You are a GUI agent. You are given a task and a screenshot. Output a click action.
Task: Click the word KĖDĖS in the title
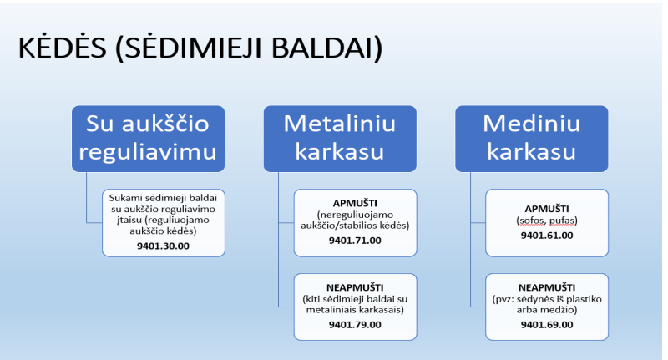point(62,47)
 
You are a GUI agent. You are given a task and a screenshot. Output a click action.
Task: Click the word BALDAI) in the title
point(327,48)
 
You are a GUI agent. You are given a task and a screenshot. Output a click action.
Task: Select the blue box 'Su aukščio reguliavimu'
point(148,139)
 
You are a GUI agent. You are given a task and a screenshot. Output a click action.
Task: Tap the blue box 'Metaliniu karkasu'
point(340,139)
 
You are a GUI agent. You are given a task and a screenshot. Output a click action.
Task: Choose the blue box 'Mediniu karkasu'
point(532,139)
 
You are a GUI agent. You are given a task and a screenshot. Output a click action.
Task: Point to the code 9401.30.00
point(163,246)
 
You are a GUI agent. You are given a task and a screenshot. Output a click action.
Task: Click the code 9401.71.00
point(355,241)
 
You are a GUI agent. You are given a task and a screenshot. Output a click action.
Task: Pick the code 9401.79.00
point(355,325)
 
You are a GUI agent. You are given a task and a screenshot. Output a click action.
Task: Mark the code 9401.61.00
point(547,236)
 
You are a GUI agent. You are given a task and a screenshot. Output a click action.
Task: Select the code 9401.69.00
point(547,325)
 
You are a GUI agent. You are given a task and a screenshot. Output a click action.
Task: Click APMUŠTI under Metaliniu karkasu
point(355,203)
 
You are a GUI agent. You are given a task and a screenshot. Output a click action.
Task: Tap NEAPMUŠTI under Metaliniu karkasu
point(355,287)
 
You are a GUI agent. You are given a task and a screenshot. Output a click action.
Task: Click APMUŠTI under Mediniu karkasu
point(547,208)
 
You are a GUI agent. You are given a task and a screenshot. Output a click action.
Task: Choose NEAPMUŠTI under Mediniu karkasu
point(547,287)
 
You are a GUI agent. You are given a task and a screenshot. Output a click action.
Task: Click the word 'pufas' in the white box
point(564,221)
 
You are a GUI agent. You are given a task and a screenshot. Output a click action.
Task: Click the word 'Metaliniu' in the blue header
point(340,124)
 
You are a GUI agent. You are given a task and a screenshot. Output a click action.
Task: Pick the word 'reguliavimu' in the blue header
point(148,152)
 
